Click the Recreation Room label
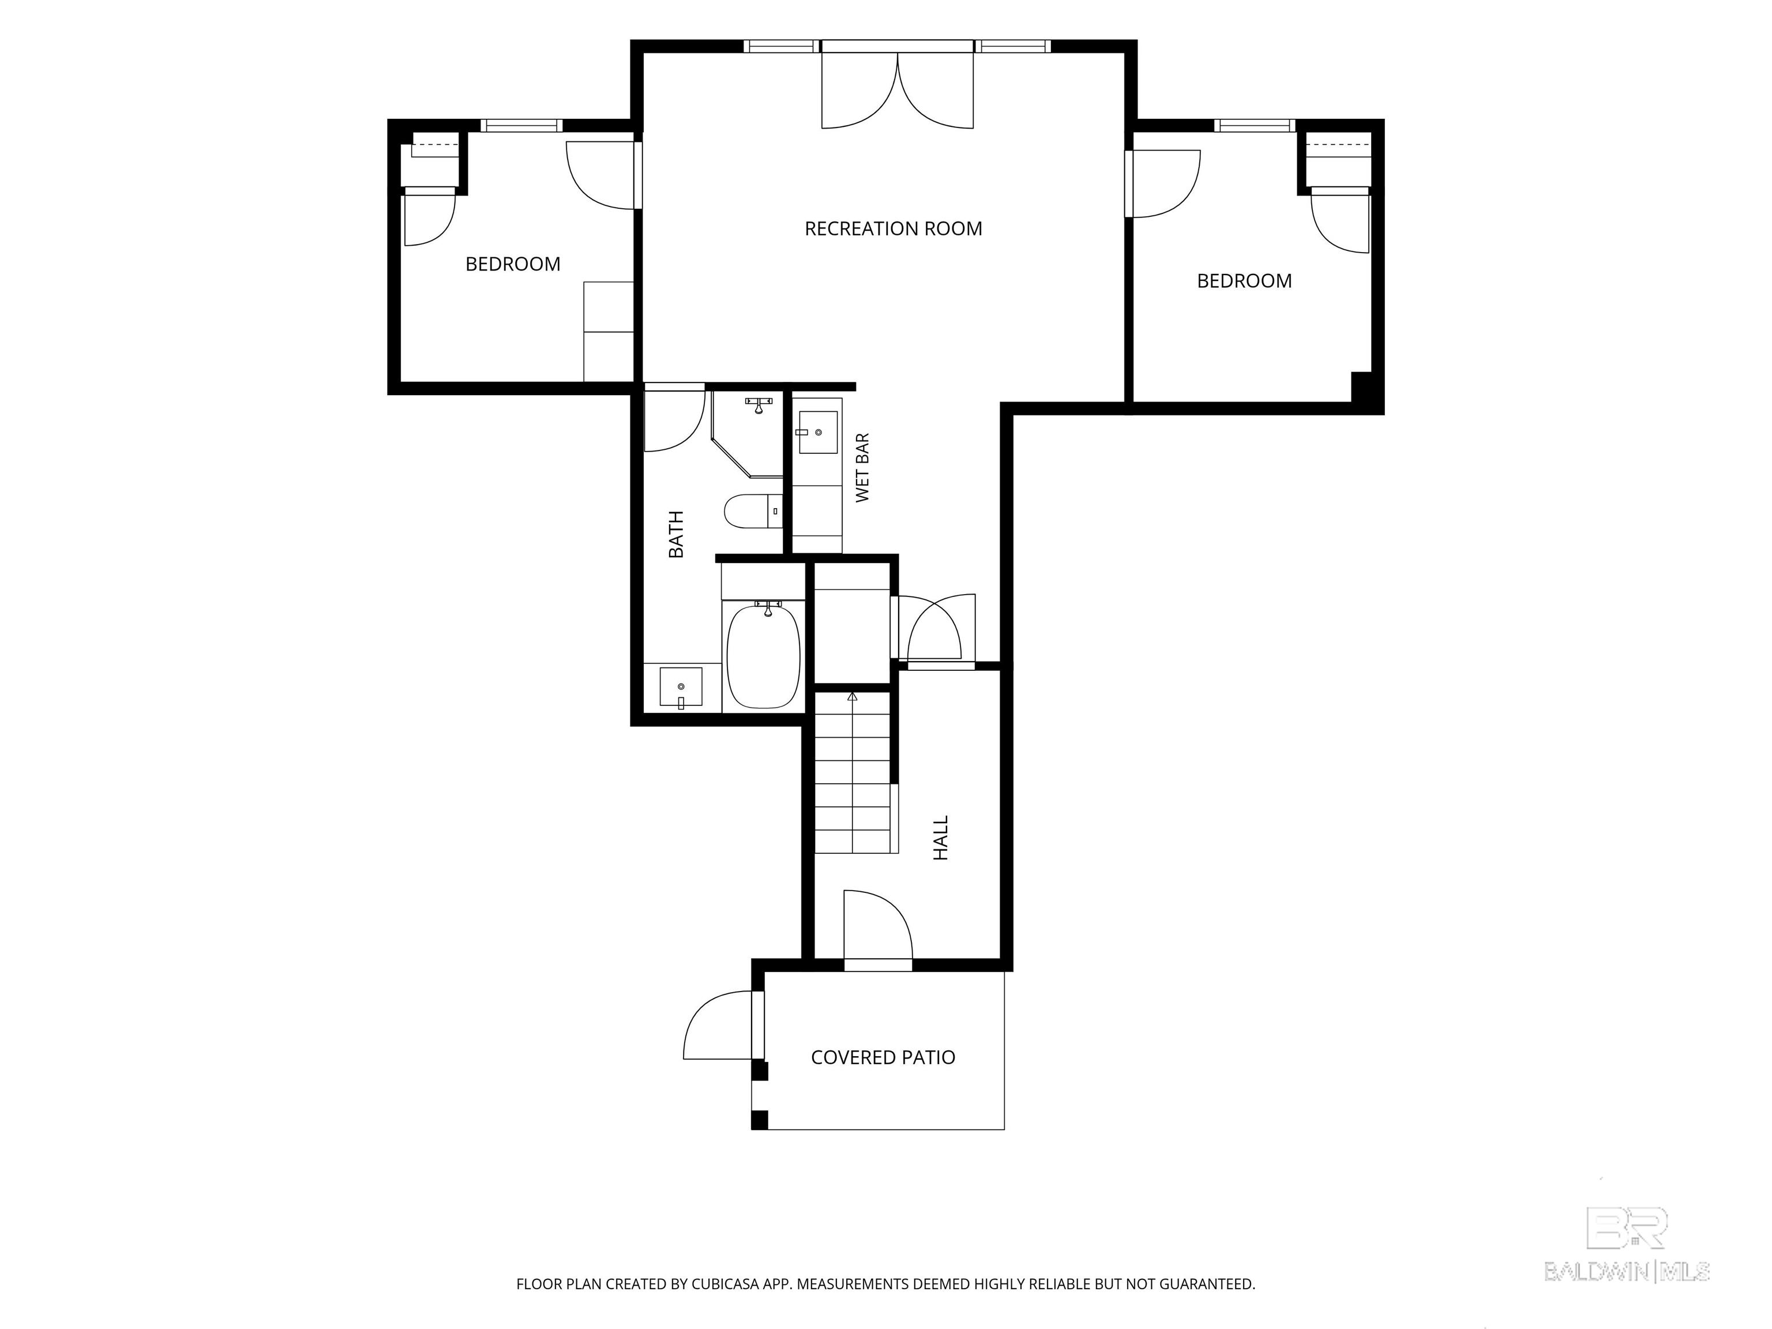point(893,229)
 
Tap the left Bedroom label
point(513,264)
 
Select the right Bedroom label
point(1244,281)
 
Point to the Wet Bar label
point(862,468)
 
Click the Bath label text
point(676,534)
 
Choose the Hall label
point(941,838)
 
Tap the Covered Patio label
point(883,1057)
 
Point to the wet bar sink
point(818,433)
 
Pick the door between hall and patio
point(878,929)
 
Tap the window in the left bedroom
point(521,125)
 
